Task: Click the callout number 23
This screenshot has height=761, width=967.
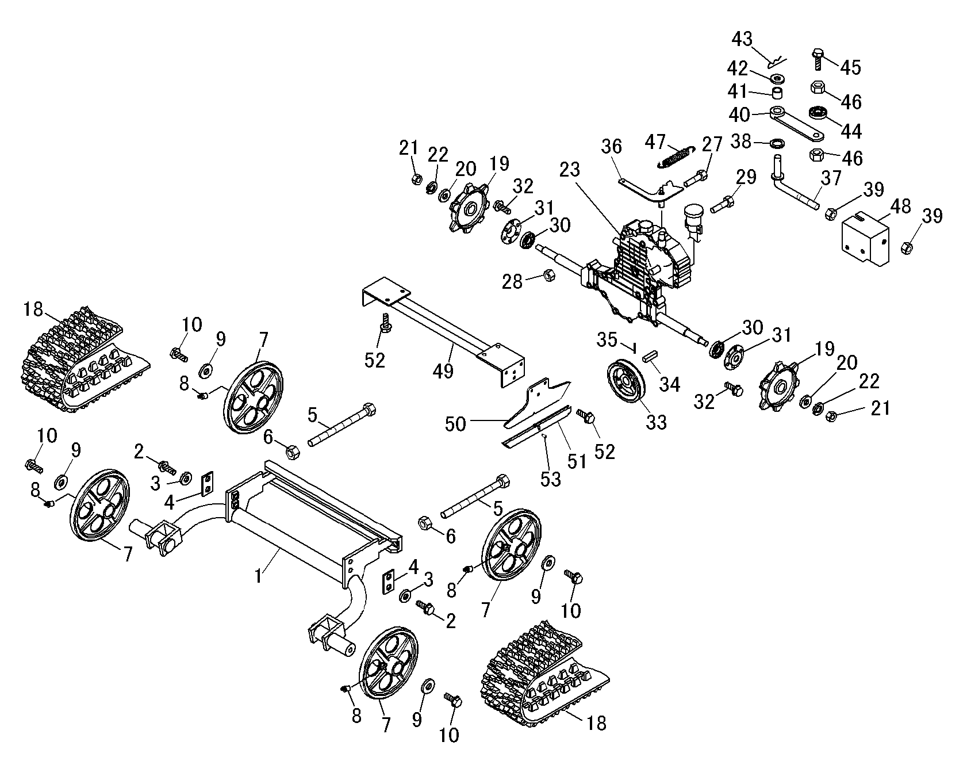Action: pyautogui.click(x=569, y=170)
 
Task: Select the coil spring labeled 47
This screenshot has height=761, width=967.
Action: pyautogui.click(x=677, y=157)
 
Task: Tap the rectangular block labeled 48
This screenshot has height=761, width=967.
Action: pyautogui.click(x=865, y=239)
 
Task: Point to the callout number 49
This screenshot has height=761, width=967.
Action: pyautogui.click(x=443, y=370)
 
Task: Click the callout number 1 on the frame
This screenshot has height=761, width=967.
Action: pyautogui.click(x=259, y=575)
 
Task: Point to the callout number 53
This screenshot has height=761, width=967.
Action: pyautogui.click(x=550, y=479)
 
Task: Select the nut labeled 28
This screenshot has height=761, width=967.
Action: pyautogui.click(x=548, y=276)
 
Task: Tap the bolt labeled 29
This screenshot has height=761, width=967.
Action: pyautogui.click(x=722, y=204)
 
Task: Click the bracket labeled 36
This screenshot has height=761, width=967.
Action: pyautogui.click(x=647, y=189)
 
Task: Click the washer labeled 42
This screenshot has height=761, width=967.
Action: pyautogui.click(x=777, y=77)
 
